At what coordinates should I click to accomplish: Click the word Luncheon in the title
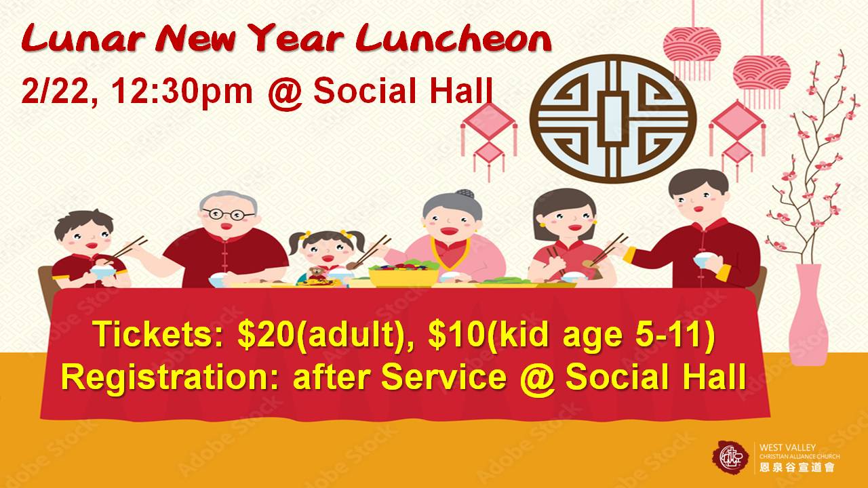tap(454, 39)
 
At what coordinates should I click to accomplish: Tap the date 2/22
tap(54, 91)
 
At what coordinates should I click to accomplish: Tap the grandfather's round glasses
tap(229, 213)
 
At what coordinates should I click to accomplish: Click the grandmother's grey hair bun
tap(465, 194)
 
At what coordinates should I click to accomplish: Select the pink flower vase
tap(808, 314)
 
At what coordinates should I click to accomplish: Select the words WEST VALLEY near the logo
tap(786, 447)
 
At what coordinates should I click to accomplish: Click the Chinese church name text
tap(797, 467)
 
